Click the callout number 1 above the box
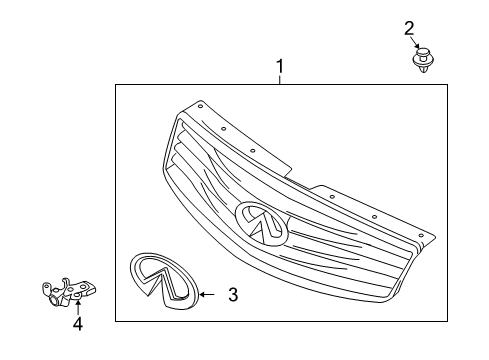click(280, 67)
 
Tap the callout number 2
click(409, 27)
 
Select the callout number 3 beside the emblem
click(232, 294)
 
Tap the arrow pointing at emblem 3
click(207, 294)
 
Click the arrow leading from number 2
click(416, 42)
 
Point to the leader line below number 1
click(280, 80)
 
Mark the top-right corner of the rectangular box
click(448, 86)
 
